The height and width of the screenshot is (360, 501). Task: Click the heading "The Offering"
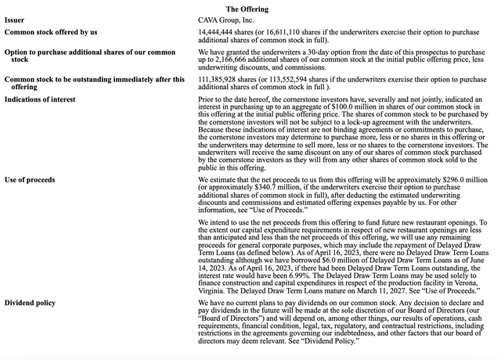pos(247,9)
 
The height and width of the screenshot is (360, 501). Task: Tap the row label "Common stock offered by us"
pos(51,32)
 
